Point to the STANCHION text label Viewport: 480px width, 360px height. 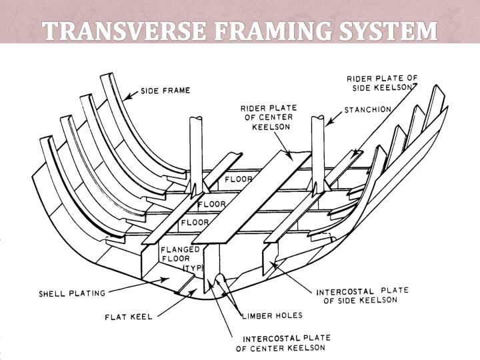(367, 109)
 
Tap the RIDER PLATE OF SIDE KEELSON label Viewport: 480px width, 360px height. (382, 83)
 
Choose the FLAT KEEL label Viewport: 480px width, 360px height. (128, 316)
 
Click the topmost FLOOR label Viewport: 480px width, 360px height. (239, 179)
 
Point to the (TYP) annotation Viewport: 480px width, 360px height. (193, 267)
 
